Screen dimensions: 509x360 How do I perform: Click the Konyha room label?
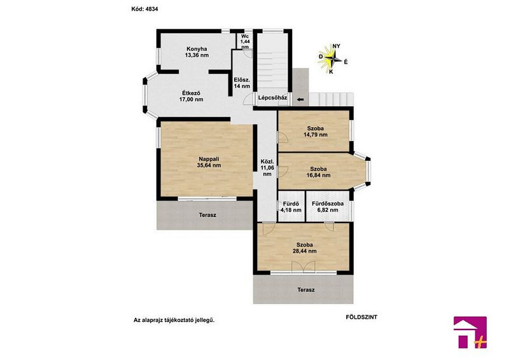pyautogui.click(x=197, y=49)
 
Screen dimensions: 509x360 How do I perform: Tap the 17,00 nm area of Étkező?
pyautogui.click(x=192, y=99)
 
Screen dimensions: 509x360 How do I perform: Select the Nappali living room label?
pyautogui.click(x=209, y=159)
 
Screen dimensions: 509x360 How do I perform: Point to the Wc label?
pyautogui.click(x=245, y=36)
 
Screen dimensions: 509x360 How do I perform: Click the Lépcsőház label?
pyautogui.click(x=273, y=97)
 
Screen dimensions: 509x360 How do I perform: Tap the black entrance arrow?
pyautogui.click(x=300, y=100)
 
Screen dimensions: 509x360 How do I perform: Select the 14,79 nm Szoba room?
pyautogui.click(x=314, y=131)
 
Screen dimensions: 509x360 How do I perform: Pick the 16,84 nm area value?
pyautogui.click(x=319, y=176)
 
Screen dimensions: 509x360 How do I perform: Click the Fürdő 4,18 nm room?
pyautogui.click(x=291, y=206)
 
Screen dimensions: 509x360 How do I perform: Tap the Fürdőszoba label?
pyautogui.click(x=328, y=204)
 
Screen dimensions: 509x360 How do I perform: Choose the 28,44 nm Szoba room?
pyautogui.click(x=304, y=247)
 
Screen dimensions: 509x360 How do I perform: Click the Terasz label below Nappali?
pyautogui.click(x=207, y=215)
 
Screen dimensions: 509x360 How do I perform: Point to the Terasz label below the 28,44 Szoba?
pyautogui.click(x=306, y=289)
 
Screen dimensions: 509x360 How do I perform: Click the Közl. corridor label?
pyautogui.click(x=267, y=162)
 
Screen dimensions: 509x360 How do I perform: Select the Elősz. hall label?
pyautogui.click(x=242, y=80)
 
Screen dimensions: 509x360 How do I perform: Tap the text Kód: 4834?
pyautogui.click(x=145, y=9)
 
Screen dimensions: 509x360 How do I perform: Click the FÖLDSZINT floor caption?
pyautogui.click(x=361, y=317)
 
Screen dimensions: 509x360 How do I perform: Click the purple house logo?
pyautogui.click(x=470, y=332)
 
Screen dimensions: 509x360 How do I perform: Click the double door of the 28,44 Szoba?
pyautogui.click(x=303, y=267)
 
